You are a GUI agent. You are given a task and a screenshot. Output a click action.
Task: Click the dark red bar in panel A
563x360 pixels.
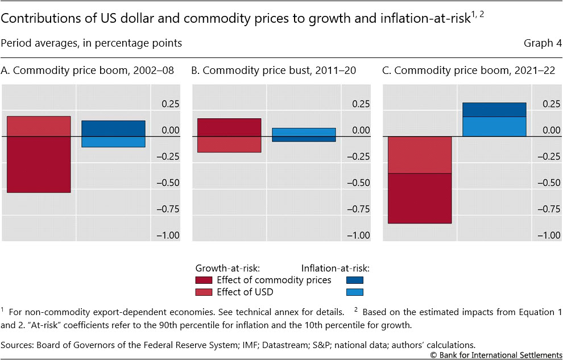[x=39, y=164]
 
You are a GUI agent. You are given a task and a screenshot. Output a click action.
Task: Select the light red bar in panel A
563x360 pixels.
[x=39, y=126]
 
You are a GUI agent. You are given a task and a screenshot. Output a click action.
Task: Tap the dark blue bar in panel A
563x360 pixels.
[x=113, y=129]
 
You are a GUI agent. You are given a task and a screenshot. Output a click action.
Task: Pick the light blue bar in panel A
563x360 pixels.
[x=113, y=142]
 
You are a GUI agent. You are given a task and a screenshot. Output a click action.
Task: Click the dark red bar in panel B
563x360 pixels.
[x=229, y=127]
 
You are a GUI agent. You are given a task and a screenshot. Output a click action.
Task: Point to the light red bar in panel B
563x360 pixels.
[x=229, y=144]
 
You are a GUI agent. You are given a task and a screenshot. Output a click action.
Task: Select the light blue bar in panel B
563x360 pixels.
[x=304, y=132]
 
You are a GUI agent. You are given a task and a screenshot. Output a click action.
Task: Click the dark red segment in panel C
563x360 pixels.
[x=420, y=198]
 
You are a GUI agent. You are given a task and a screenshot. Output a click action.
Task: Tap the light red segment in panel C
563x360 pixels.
[x=420, y=155]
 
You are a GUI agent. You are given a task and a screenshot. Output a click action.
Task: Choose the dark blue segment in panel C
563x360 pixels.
[x=494, y=110]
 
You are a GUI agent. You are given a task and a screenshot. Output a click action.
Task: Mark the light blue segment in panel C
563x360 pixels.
[x=494, y=126]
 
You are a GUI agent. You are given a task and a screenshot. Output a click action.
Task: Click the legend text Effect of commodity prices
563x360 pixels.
[x=274, y=280]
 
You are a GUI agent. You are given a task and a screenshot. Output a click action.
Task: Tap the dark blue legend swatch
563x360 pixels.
[x=354, y=280]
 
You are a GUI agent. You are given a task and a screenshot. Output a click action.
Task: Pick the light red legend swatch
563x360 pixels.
[x=204, y=292]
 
